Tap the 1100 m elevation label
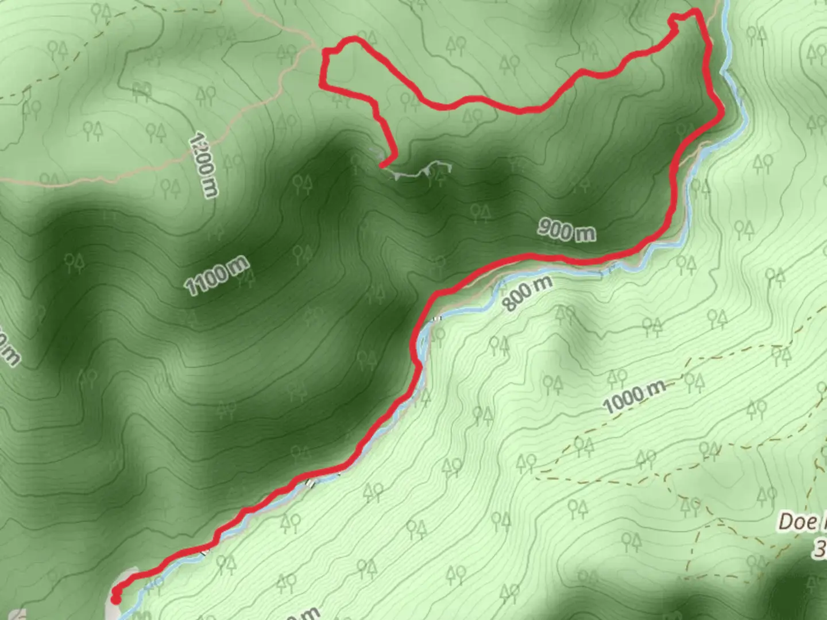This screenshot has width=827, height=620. pyautogui.click(x=217, y=276)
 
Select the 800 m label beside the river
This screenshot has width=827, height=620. pyautogui.click(x=528, y=293)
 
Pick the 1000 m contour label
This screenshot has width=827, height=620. pyautogui.click(x=633, y=396)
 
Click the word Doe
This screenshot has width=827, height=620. pyautogui.click(x=798, y=522)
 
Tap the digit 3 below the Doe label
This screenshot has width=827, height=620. pyautogui.click(x=820, y=549)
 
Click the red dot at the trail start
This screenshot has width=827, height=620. pyautogui.click(x=115, y=600)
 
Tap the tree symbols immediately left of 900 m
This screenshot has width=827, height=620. pyautogui.click(x=481, y=214)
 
